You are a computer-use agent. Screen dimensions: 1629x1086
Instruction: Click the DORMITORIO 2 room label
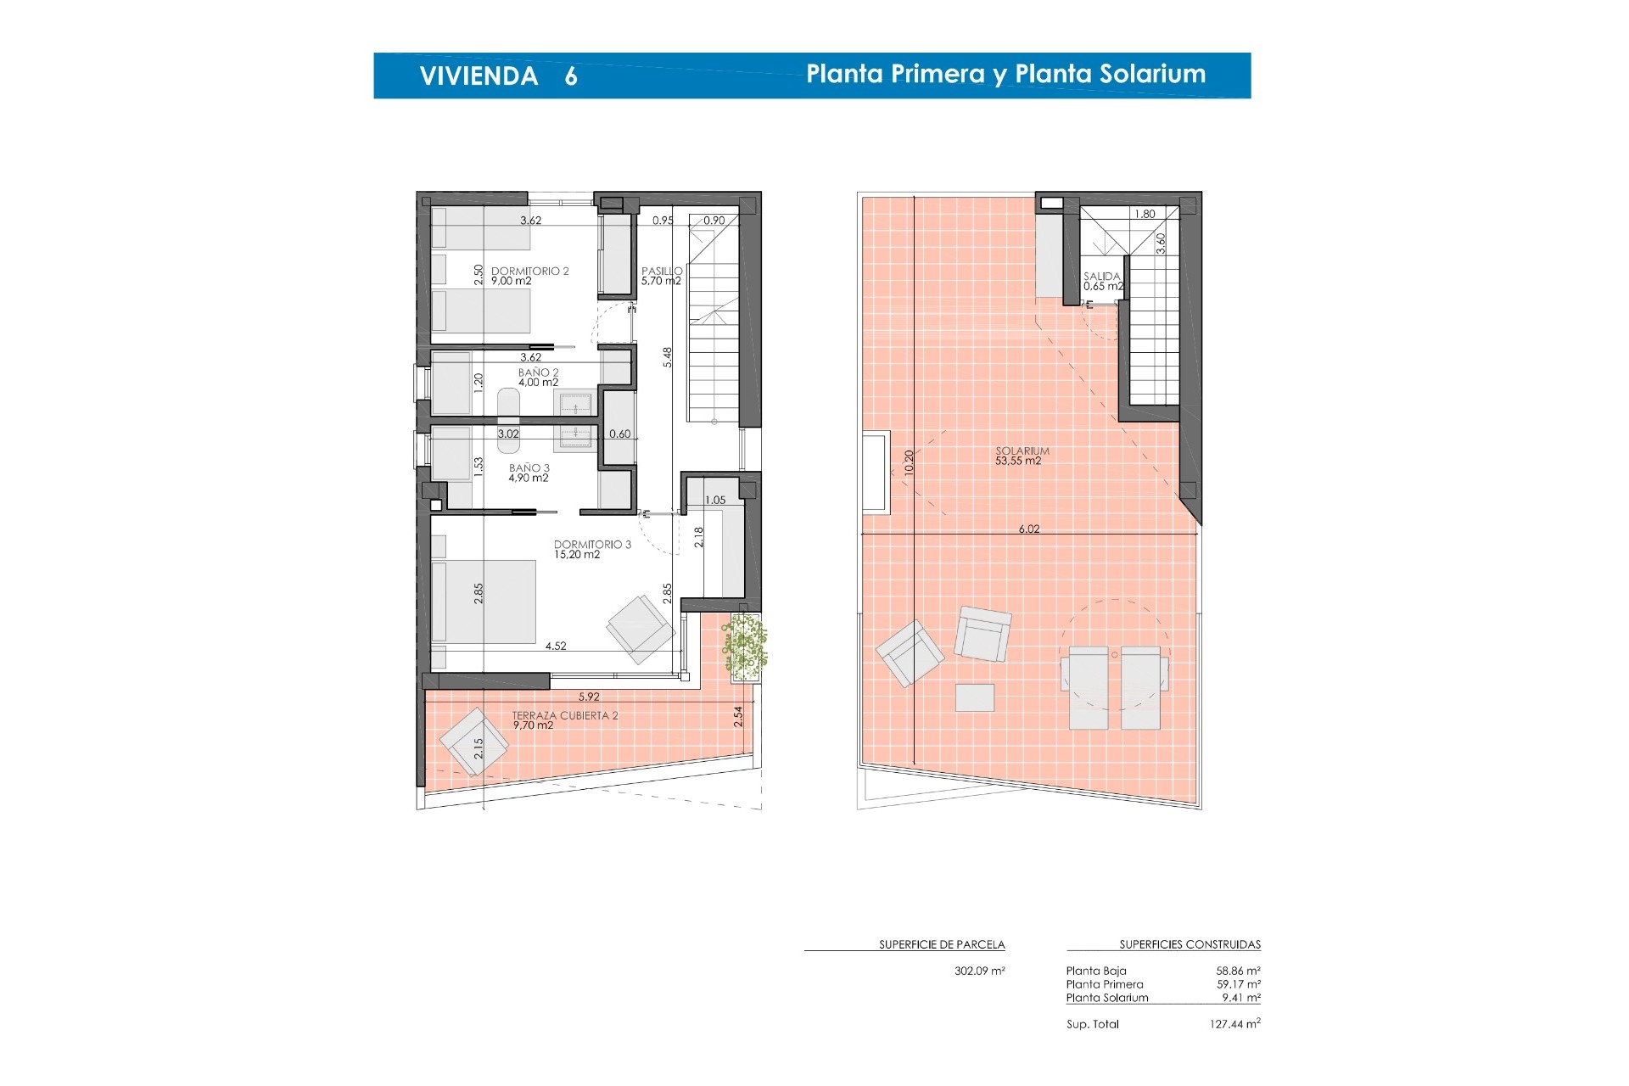[529, 271]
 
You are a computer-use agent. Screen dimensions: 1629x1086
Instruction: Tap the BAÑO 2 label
[539, 372]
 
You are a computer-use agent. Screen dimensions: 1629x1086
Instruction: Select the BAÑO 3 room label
[529, 468]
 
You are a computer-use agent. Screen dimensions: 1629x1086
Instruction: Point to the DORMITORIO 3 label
[592, 545]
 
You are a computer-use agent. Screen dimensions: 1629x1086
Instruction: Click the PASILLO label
[662, 271]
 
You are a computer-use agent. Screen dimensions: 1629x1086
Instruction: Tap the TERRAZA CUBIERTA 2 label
[565, 716]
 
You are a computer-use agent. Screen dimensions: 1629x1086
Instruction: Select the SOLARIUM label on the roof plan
[1022, 451]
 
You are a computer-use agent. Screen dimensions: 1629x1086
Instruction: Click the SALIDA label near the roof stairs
[1102, 277]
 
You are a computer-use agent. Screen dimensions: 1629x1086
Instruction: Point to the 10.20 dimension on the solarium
[910, 462]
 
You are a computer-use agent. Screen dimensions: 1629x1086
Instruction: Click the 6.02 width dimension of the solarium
[1029, 529]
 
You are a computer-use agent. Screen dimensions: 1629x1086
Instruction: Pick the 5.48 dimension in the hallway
[668, 357]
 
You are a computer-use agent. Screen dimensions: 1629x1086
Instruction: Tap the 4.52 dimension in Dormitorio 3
[556, 646]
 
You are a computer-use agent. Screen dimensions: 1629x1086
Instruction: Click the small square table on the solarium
[975, 697]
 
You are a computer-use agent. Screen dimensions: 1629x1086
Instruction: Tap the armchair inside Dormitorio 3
[641, 629]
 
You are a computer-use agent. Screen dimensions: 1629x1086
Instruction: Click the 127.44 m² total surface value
[1234, 1024]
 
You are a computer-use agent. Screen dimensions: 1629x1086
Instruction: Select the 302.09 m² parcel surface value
[980, 971]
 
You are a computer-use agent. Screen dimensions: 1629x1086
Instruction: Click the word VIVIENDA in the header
[479, 76]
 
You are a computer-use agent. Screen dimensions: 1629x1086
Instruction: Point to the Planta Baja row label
[1096, 971]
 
